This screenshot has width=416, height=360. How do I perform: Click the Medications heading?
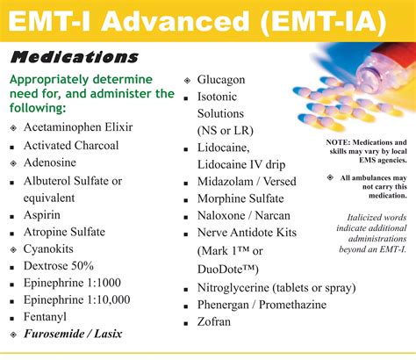pos(75,58)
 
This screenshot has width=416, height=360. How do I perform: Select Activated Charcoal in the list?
pos(71,145)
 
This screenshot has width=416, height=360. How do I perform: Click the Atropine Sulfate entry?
pos(64,232)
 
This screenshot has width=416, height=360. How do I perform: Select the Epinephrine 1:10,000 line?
pos(76,300)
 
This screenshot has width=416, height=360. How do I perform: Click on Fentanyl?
pos(46,317)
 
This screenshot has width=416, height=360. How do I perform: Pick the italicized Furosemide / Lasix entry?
pos(73,335)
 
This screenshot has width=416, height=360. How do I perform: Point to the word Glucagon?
pos(221,79)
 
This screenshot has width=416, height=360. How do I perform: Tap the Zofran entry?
pos(214,322)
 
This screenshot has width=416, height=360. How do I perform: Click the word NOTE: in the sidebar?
pos(338,142)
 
